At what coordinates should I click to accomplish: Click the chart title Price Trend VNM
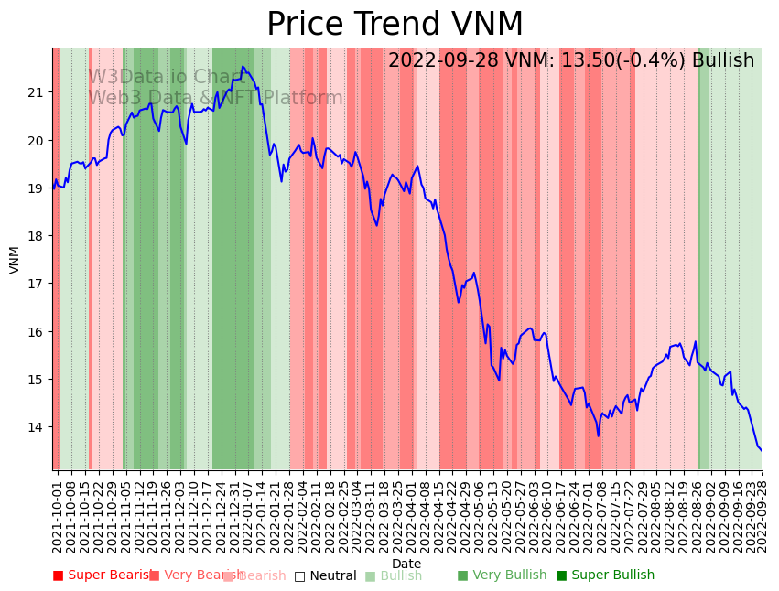coord(395,25)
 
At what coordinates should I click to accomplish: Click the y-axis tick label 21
coord(37,92)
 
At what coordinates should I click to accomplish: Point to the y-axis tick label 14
coord(37,427)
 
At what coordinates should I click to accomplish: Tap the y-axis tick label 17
coord(37,284)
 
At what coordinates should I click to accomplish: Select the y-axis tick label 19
coord(37,188)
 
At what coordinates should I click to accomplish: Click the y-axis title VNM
coord(15,259)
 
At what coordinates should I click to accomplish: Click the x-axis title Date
coord(406,564)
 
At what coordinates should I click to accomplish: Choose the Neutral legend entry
coord(325,575)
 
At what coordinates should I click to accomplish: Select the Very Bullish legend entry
coord(502,575)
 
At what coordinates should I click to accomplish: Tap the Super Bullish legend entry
coord(605,575)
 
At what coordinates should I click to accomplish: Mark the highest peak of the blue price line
coord(243,67)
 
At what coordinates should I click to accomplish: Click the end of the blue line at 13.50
coord(761,450)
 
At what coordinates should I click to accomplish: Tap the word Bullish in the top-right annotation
coord(723,61)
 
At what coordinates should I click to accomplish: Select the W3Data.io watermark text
coord(165,78)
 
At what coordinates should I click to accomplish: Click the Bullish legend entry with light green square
coord(394,575)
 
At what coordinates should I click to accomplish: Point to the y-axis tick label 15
coord(37,380)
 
